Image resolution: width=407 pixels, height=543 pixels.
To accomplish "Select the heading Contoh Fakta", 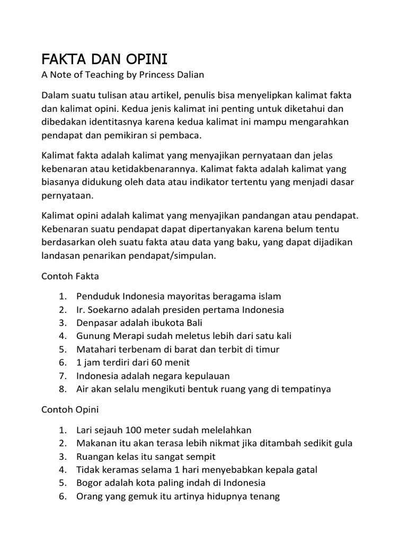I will (70, 276).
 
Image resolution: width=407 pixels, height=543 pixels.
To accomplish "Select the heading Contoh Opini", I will (70, 409).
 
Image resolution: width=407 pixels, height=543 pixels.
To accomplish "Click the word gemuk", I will (141, 496).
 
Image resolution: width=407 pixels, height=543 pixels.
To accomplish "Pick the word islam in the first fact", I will (269, 296).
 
